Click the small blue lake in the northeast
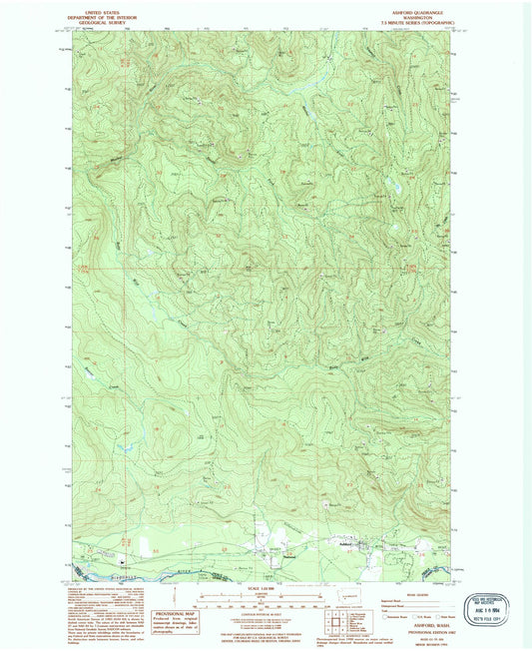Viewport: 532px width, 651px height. tap(395, 187)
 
